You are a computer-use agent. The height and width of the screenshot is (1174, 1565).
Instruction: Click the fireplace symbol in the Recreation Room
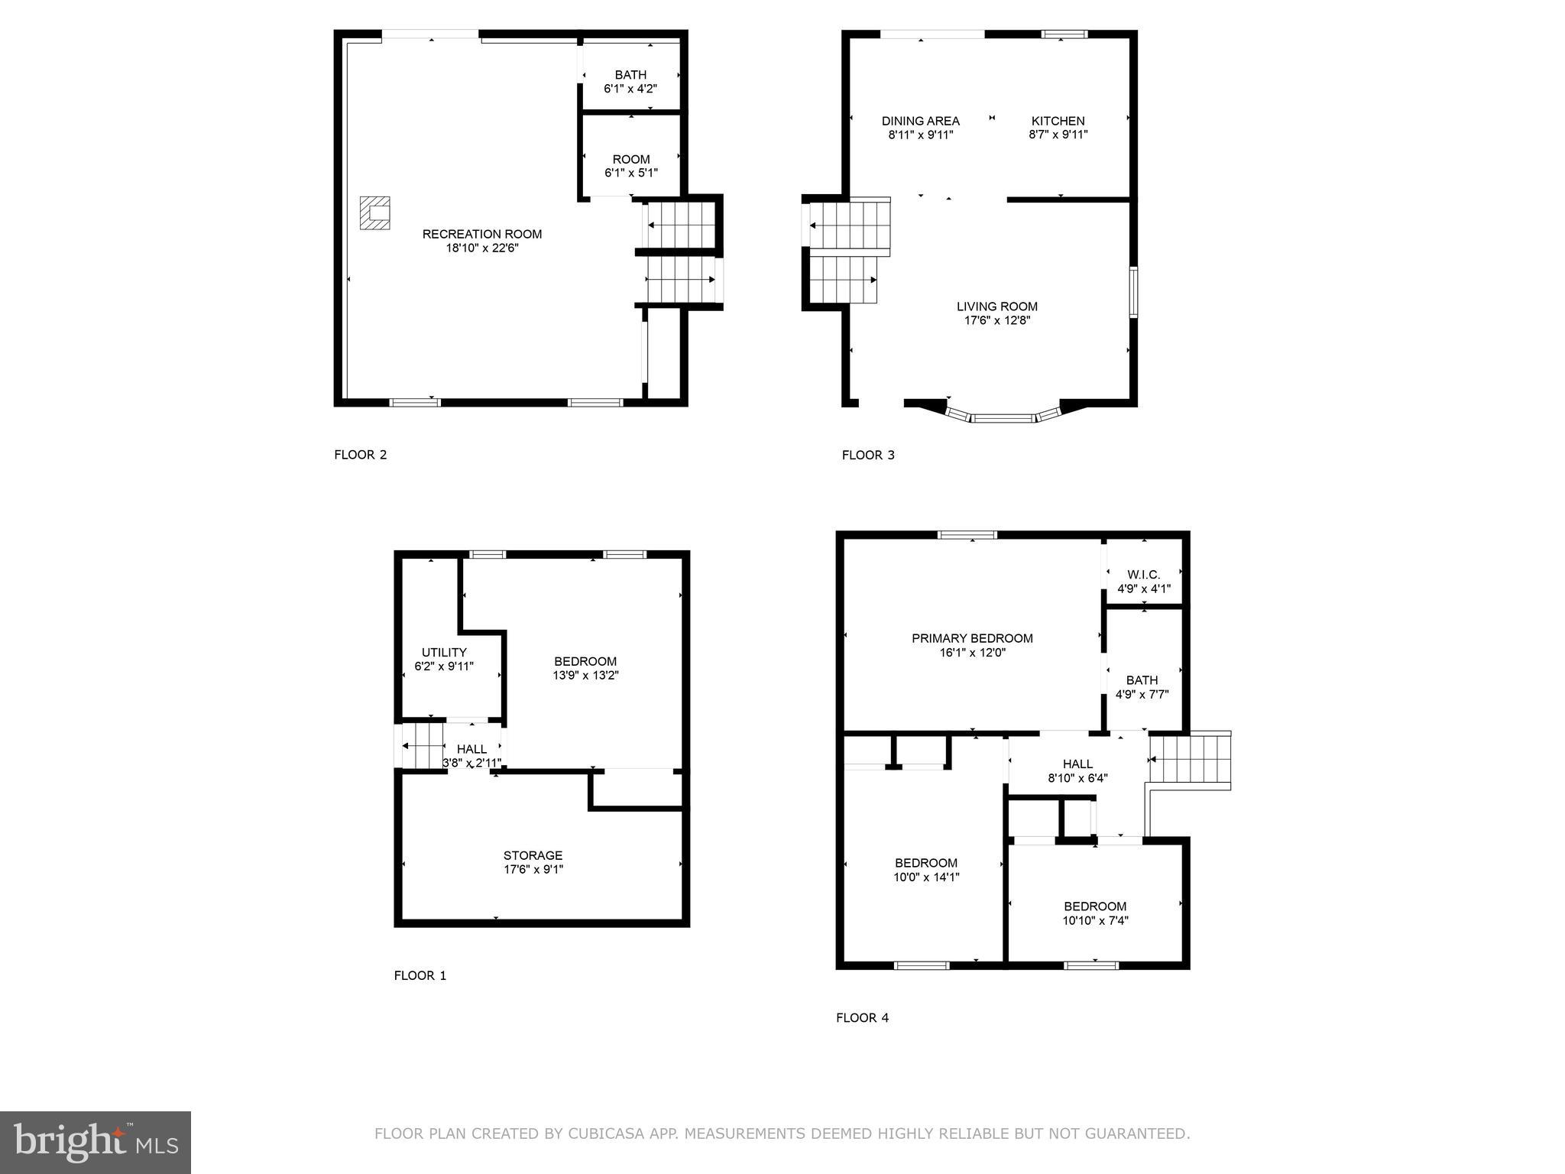[375, 213]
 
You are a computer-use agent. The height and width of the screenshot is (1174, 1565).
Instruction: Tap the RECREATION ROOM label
[481, 234]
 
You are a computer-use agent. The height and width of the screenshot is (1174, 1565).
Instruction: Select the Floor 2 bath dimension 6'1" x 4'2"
[630, 89]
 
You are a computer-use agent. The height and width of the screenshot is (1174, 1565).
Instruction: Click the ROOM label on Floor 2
[630, 159]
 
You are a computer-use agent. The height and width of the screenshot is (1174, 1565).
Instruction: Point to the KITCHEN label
[1058, 121]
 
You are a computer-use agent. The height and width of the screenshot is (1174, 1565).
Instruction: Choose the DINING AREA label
[920, 121]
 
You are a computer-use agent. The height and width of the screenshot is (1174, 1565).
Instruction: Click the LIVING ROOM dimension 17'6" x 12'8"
[996, 320]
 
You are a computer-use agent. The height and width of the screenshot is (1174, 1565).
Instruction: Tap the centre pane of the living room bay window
[1003, 418]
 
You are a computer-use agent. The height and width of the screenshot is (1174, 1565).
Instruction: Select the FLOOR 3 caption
[867, 455]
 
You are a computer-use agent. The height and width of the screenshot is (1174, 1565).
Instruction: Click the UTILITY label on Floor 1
[444, 652]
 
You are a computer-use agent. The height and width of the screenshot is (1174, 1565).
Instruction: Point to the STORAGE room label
[533, 855]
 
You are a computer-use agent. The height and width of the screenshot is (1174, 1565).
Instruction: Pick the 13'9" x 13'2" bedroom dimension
[585, 676]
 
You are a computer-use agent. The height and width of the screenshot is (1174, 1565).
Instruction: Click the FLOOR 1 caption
[420, 975]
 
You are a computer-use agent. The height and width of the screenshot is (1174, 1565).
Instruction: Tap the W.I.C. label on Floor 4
[1143, 575]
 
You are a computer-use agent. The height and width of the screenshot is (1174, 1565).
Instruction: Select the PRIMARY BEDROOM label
[972, 638]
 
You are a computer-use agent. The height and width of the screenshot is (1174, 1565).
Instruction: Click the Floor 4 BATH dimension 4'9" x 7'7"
[1142, 695]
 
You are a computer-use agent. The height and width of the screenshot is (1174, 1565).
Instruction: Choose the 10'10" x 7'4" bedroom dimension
[1095, 921]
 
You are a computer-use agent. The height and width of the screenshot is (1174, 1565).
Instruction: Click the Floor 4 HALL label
[1077, 764]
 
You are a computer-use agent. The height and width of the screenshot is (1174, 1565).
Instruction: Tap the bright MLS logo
[96, 1142]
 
